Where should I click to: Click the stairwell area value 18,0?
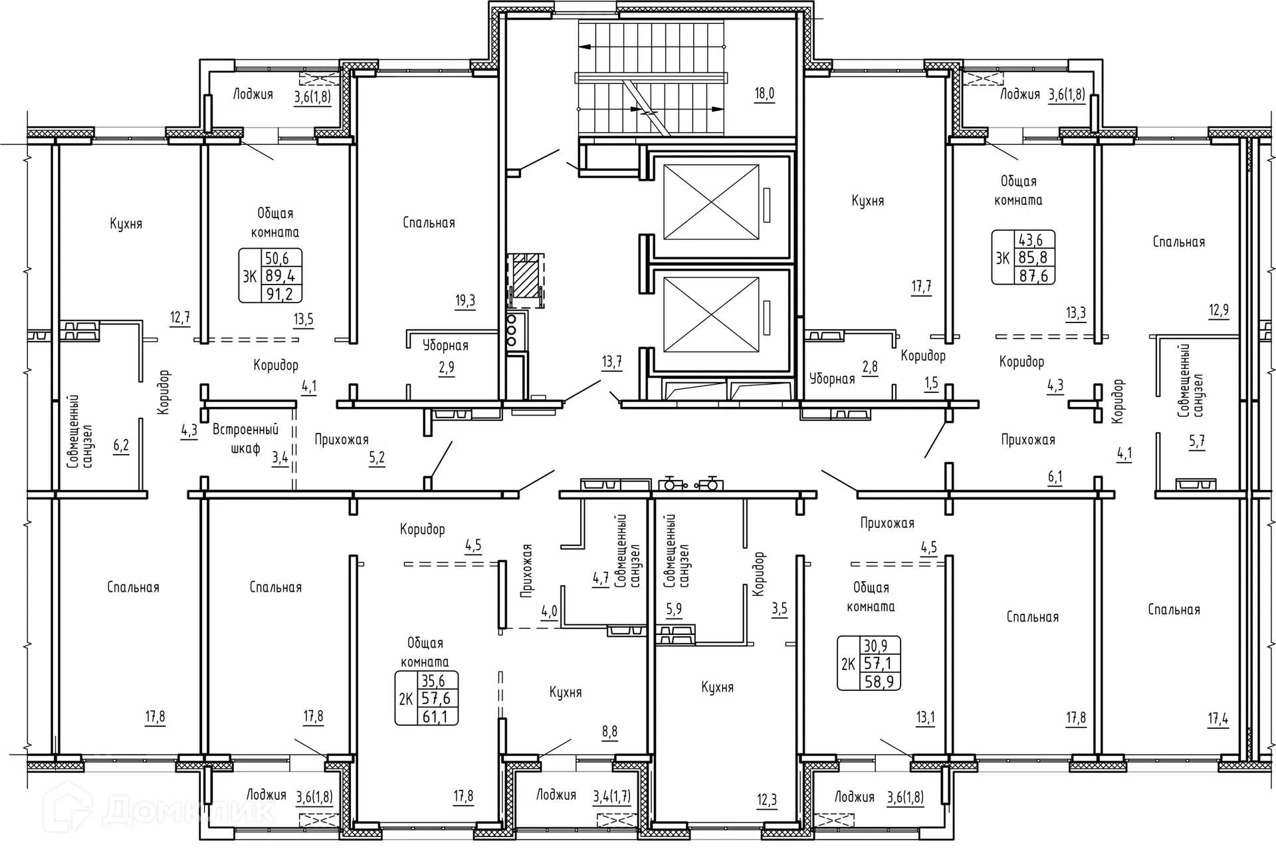[764, 94]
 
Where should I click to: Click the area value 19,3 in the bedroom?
[465, 301]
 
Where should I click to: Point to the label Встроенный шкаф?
[245, 439]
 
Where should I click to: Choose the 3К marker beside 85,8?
[1003, 258]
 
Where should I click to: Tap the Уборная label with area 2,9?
[445, 346]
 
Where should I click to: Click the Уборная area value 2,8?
[870, 367]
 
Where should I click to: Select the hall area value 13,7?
[612, 362]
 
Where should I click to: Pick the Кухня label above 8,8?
[566, 693]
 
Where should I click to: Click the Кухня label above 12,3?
[717, 687]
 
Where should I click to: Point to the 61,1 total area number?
[435, 717]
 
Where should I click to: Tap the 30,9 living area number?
[876, 646]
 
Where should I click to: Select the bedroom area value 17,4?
[1218, 719]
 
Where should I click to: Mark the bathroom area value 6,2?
[121, 445]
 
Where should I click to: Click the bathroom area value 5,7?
[1197, 441]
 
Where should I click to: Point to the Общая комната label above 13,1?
[871, 597]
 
